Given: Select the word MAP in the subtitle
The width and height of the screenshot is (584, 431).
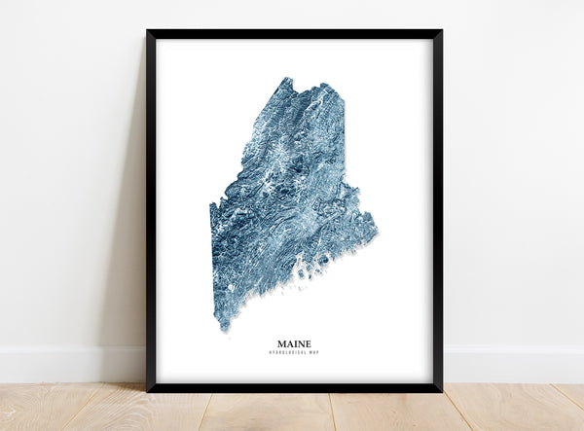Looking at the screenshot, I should click(313, 353).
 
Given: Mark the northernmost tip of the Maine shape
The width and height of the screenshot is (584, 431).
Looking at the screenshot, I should click(284, 79).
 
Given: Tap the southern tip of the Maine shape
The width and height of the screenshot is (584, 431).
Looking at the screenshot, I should click(225, 328).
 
